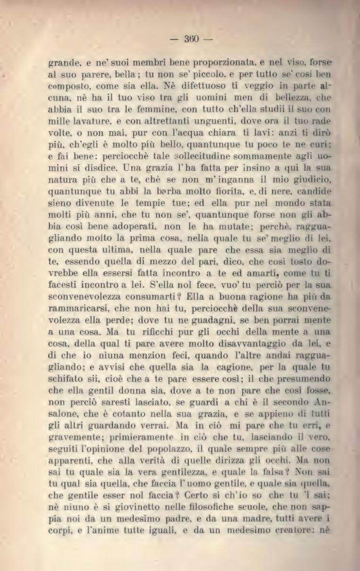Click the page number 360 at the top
tap(191, 39)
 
